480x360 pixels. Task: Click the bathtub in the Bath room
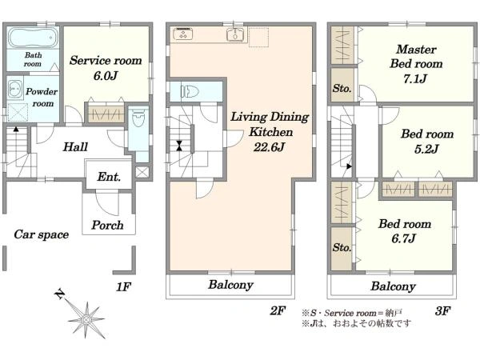click(x=33, y=38)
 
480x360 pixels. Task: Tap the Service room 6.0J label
click(x=106, y=68)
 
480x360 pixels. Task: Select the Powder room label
click(x=42, y=98)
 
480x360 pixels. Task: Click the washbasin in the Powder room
click(x=14, y=89)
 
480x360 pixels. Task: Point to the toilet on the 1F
click(x=138, y=118)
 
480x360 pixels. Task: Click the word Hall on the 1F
click(x=75, y=147)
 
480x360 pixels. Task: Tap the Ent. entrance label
click(x=109, y=177)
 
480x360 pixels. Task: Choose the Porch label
click(x=107, y=226)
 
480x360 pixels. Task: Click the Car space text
click(x=42, y=234)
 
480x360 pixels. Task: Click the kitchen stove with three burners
click(x=182, y=34)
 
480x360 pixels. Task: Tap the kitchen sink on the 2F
click(x=235, y=34)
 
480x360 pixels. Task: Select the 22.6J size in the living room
click(x=269, y=147)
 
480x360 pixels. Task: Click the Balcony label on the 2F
click(x=231, y=285)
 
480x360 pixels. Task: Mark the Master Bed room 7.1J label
click(x=416, y=64)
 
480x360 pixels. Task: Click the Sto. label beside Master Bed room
click(x=342, y=89)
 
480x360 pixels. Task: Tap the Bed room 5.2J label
click(x=427, y=142)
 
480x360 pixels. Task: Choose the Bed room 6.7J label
click(x=405, y=231)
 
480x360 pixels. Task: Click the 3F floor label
click(x=442, y=311)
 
